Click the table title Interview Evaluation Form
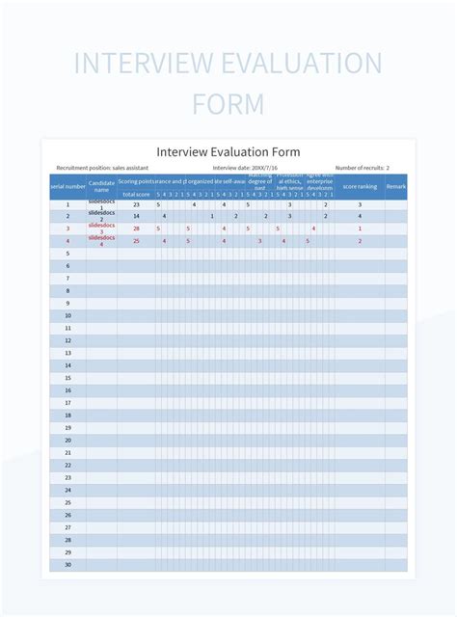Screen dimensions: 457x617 point(228,152)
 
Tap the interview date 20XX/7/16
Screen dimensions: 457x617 point(238,168)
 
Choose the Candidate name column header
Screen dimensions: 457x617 point(101,184)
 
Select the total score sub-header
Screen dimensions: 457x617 point(136,194)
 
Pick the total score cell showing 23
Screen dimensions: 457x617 point(136,204)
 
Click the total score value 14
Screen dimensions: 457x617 point(136,216)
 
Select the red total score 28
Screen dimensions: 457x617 point(136,228)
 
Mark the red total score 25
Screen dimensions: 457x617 point(136,241)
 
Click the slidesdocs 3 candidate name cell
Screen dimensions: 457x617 point(101,228)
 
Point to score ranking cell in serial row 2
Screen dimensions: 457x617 point(360,216)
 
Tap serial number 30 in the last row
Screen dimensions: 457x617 point(67,564)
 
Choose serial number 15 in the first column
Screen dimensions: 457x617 point(67,378)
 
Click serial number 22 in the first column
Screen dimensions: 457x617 point(67,465)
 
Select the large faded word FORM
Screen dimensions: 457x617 point(228,103)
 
